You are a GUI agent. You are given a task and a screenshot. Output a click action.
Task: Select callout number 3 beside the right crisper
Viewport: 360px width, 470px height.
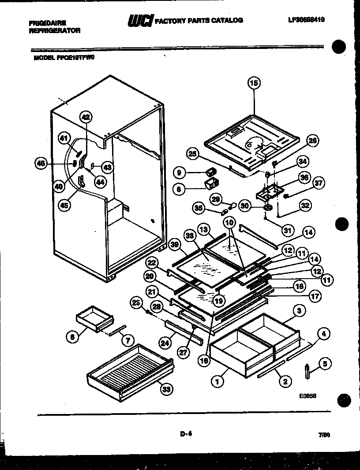click(299, 311)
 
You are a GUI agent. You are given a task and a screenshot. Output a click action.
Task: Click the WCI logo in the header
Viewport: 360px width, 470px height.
click(140, 20)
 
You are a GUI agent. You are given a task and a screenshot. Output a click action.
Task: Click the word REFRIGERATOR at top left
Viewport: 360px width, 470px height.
click(54, 30)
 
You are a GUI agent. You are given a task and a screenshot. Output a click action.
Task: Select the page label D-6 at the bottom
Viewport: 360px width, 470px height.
click(187, 434)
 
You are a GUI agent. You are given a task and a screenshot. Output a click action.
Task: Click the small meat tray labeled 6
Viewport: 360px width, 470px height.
click(94, 316)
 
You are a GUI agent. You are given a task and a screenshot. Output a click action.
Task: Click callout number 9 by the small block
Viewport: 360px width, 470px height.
click(179, 172)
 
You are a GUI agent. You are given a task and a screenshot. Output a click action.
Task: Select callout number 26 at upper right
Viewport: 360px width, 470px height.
click(313, 141)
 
